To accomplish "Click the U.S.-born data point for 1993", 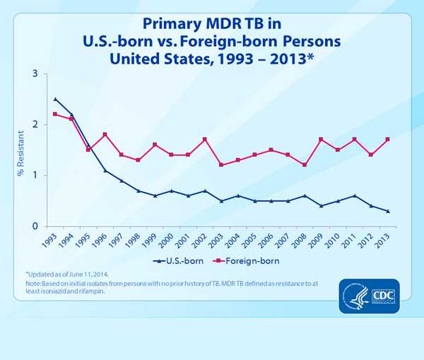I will point(55,99).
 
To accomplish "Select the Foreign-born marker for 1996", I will point(105,134).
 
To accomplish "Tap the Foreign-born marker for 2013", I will point(388,139).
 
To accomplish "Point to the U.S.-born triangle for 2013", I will point(388,211).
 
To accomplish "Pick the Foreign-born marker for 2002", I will point(204,139).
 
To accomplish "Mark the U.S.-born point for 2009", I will point(321,205).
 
